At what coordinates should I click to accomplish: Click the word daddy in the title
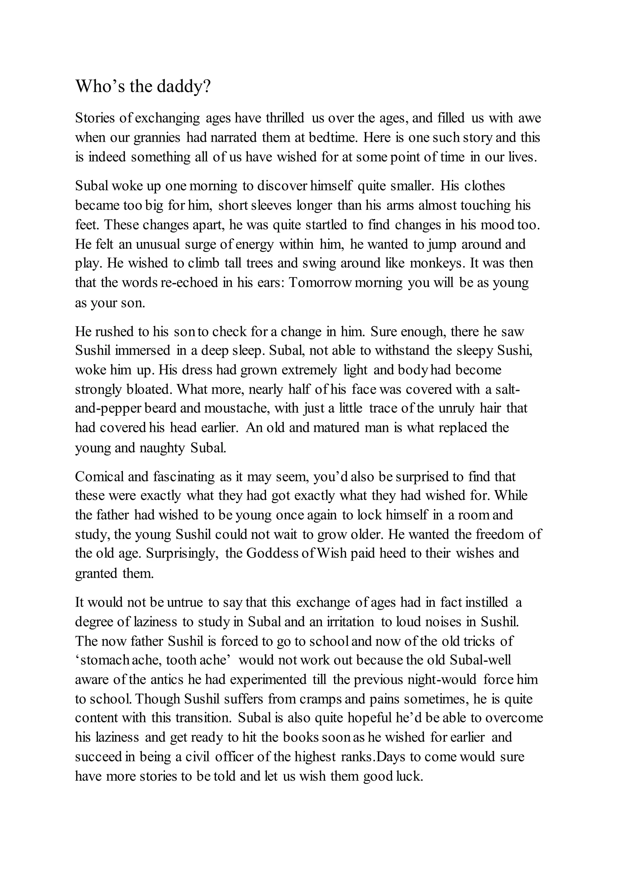pyautogui.click(x=183, y=87)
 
